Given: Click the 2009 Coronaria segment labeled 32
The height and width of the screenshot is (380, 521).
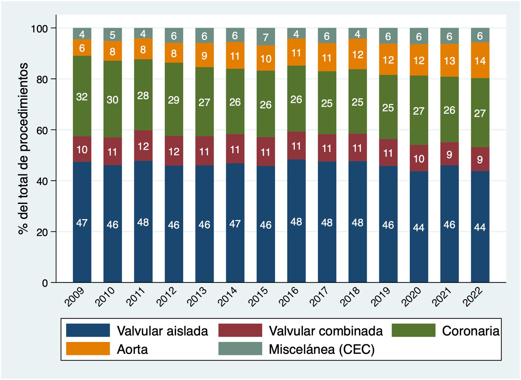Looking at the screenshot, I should point(82,96).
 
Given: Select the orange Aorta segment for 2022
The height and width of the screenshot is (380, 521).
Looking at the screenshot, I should point(480,60).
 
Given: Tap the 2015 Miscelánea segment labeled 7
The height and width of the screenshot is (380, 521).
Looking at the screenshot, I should point(266,37).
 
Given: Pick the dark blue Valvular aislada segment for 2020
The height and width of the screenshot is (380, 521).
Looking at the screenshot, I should point(419,227).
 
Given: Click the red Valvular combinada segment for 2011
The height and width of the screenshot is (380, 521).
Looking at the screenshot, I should point(143,146).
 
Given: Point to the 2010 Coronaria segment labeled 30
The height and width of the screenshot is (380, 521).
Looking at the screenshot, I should point(113,99).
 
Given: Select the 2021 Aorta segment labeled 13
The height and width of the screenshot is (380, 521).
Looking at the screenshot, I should point(449,60).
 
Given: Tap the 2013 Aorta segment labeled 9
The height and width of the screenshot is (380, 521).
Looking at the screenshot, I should point(204,55).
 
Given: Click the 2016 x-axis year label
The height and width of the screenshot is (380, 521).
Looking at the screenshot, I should point(289,297).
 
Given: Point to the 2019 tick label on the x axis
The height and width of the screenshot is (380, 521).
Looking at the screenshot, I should point(381,297).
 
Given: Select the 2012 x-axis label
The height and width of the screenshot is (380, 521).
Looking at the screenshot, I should point(166,297).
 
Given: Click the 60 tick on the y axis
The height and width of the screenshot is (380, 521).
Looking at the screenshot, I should point(42,130).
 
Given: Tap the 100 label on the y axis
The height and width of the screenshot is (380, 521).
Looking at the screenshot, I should point(39,29).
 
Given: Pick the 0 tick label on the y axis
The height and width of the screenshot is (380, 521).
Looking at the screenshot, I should point(45,283).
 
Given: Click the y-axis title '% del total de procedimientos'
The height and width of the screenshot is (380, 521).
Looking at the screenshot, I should point(24,148).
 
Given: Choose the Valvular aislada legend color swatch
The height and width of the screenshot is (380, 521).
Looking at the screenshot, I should point(88,330).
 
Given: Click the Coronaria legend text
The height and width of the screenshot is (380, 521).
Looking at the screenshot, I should point(471,331).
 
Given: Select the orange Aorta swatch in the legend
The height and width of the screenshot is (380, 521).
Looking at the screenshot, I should point(88,349).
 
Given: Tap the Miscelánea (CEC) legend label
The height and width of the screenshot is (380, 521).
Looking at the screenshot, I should point(322,349).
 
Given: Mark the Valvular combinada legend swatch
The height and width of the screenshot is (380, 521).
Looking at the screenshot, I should point(240,330).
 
